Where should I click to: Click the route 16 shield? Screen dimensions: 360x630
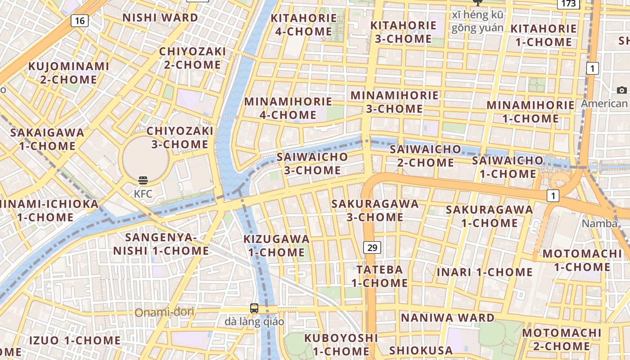79,20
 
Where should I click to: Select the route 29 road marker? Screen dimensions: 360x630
372,247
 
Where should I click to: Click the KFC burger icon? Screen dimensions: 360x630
143,181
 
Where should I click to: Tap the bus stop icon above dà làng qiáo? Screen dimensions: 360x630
254,308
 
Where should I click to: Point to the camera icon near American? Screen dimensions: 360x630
622,90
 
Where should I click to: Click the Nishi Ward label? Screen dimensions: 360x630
160,18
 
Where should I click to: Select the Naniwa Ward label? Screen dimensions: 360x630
448,318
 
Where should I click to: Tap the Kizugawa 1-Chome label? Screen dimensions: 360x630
276,245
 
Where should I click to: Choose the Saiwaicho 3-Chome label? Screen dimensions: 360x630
312,163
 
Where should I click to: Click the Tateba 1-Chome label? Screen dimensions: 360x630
379,276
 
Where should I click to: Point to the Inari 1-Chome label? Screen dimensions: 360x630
485,272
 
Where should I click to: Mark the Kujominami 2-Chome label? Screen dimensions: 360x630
69,73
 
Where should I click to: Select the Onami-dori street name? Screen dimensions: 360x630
164,312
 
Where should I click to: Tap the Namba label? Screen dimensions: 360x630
599,224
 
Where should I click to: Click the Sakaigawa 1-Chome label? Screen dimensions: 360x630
47,139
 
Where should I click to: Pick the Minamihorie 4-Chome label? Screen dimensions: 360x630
288,108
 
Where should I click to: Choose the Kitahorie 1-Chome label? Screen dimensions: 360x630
544,35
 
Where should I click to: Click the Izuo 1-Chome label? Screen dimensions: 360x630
75,340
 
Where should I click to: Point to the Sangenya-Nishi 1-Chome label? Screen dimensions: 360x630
161,244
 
